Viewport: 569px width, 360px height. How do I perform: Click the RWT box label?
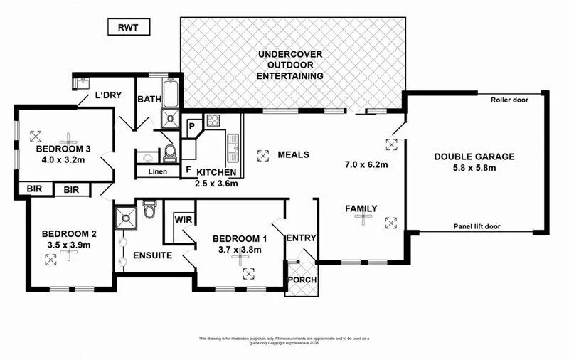[128, 28]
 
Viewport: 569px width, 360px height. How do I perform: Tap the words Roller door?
[509, 100]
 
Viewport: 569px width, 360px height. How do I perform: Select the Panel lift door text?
[477, 226]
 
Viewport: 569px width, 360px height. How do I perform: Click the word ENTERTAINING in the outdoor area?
[290, 75]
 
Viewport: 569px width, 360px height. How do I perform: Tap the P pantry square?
[192, 127]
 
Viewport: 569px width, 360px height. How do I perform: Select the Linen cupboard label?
[158, 171]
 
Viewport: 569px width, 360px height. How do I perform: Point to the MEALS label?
[293, 154]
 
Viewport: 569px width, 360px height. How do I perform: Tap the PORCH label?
[302, 280]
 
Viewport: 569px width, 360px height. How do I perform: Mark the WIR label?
[184, 220]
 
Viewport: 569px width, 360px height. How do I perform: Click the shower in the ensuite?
[125, 214]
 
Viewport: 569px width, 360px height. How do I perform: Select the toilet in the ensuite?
[149, 211]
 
